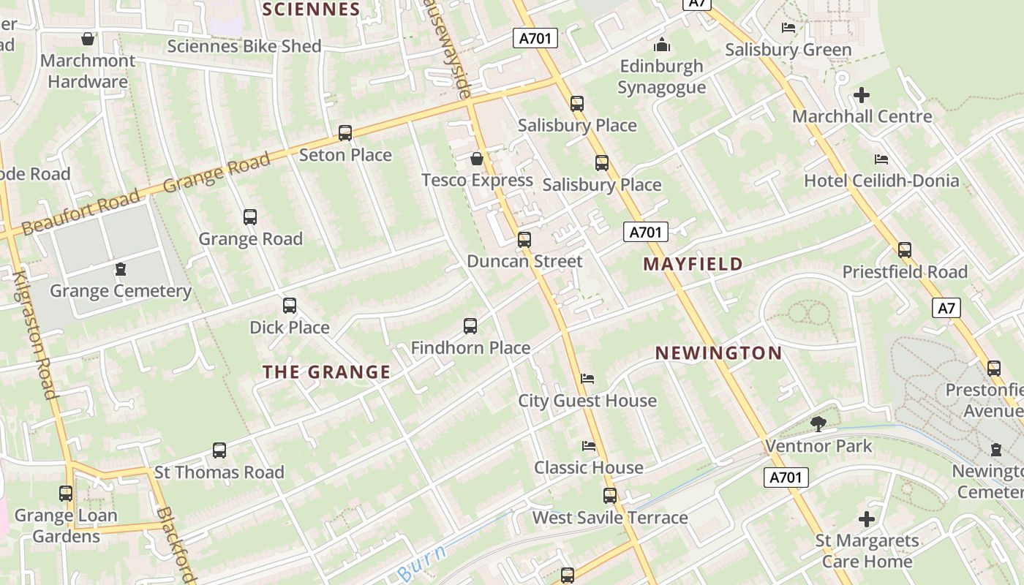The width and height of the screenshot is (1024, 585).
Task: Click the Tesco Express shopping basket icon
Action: pyautogui.click(x=477, y=159)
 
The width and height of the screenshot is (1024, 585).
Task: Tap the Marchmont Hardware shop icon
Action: pyautogui.click(x=88, y=39)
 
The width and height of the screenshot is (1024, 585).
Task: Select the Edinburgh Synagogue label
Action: pyautogui.click(x=662, y=77)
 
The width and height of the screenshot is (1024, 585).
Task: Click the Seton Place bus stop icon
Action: pyautogui.click(x=345, y=133)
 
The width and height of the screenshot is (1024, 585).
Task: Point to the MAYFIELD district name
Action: pyautogui.click(x=693, y=264)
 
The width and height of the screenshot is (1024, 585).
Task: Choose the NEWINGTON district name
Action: pyautogui.click(x=718, y=353)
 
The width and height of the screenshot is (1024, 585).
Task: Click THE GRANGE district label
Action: pyautogui.click(x=326, y=372)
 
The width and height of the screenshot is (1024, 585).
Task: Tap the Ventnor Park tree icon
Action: pyautogui.click(x=818, y=423)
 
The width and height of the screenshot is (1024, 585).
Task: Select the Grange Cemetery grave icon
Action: pyautogui.click(x=121, y=270)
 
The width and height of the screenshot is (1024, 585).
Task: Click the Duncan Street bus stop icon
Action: pyautogui.click(x=524, y=239)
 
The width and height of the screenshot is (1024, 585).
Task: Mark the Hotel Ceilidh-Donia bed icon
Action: pyautogui.click(x=881, y=159)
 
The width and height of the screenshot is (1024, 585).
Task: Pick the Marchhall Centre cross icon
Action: pyautogui.click(x=862, y=95)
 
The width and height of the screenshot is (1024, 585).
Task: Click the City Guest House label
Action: pyautogui.click(x=587, y=401)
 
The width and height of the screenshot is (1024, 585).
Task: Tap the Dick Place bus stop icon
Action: pyautogui.click(x=290, y=306)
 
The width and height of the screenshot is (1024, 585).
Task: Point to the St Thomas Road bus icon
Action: pyautogui.click(x=219, y=450)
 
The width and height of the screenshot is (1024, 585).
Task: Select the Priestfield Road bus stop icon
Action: pyautogui.click(x=905, y=250)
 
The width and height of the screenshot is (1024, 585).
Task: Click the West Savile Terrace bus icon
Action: pyautogui.click(x=610, y=496)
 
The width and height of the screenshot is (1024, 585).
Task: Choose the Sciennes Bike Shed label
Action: pyautogui.click(x=244, y=47)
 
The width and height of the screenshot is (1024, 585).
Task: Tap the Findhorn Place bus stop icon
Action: pyautogui.click(x=470, y=326)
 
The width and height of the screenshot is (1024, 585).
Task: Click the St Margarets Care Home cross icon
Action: pyautogui.click(x=867, y=519)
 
